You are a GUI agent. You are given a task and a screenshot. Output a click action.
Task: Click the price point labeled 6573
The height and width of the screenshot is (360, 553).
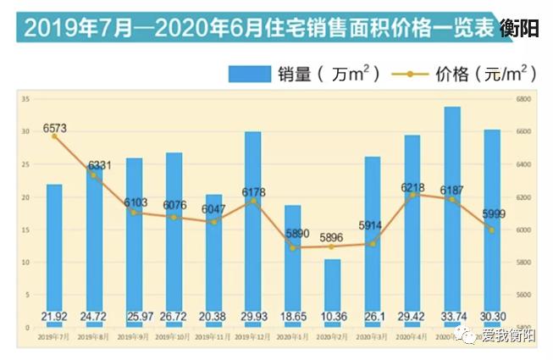tap(53, 136)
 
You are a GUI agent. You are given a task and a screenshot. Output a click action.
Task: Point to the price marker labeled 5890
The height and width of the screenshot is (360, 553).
tap(292, 247)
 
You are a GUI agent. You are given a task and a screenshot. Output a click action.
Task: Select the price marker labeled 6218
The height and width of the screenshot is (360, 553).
tap(412, 195)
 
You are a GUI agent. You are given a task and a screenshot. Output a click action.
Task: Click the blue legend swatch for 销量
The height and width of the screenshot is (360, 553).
tap(248, 75)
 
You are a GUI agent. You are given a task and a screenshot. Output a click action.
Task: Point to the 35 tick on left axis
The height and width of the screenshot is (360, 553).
tap(26, 100)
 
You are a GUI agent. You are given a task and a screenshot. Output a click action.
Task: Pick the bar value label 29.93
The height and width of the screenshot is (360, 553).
tap(252, 317)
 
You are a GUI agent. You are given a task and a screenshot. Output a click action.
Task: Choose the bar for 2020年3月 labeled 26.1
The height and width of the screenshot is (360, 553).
tap(372, 237)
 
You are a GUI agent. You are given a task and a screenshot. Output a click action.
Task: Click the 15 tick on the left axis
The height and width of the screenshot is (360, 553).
tap(26, 230)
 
